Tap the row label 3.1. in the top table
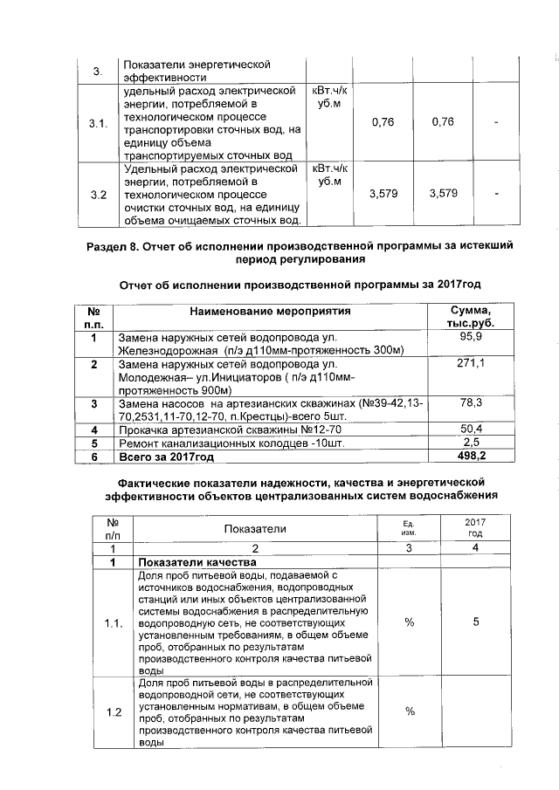(98, 123)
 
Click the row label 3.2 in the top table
(98, 194)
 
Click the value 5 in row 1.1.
(476, 623)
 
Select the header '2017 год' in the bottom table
(476, 527)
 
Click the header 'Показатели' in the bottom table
(255, 528)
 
